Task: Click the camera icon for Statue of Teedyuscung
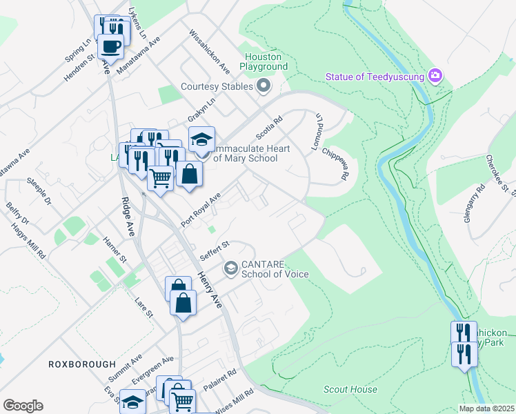click(x=435, y=75)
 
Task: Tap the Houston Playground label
click(x=264, y=61)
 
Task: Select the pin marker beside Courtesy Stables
click(x=263, y=86)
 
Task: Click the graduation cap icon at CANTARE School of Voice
click(x=230, y=267)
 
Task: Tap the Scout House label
click(x=350, y=389)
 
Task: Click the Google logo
click(x=23, y=406)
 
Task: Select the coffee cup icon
click(x=110, y=46)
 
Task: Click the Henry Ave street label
click(x=210, y=289)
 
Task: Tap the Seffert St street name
click(x=215, y=250)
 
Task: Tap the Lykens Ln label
click(x=138, y=23)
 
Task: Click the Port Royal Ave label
click(x=201, y=210)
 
